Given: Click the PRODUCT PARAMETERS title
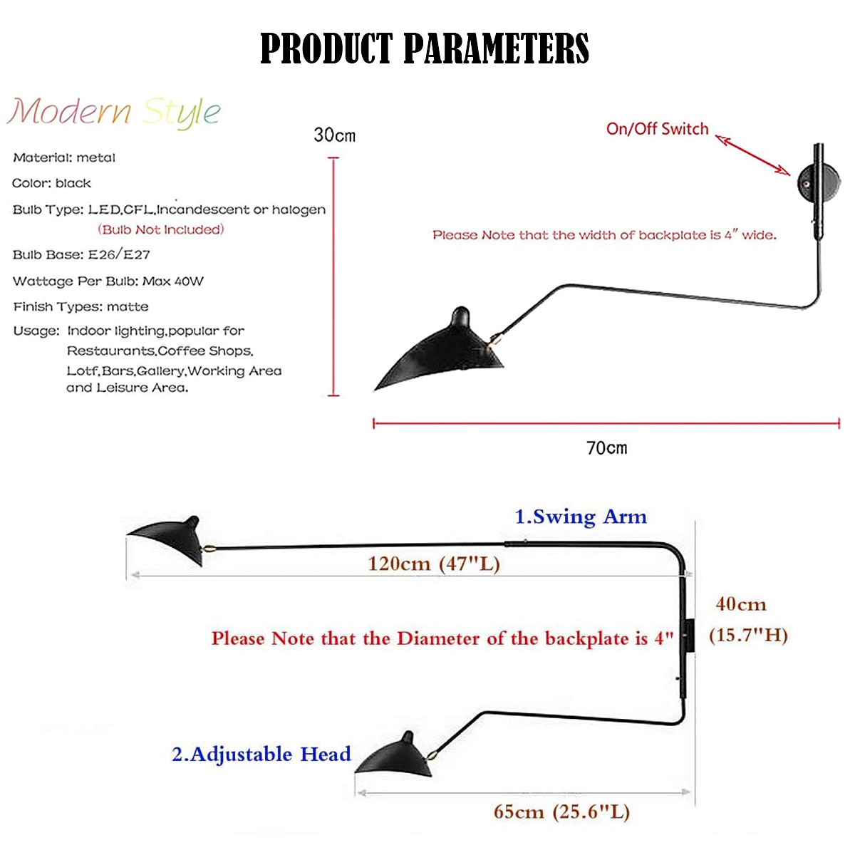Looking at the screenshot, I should (425, 48).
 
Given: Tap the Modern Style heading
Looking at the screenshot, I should (114, 112).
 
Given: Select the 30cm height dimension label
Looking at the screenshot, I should (334, 135).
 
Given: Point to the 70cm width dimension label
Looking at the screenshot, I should (606, 448).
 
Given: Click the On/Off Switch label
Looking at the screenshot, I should (657, 129).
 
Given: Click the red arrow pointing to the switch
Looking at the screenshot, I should (753, 154).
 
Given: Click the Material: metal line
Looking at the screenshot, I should (64, 157).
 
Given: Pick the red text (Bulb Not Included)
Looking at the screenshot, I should (161, 229).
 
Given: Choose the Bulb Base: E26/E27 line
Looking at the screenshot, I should (81, 254).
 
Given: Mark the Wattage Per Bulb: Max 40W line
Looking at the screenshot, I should (108, 281).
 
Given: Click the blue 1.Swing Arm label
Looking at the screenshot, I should (581, 517).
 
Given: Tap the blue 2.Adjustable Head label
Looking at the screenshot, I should (261, 754).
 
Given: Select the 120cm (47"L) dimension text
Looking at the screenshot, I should (434, 564).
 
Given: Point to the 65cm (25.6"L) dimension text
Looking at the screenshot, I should (561, 812).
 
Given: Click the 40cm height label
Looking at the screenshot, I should (741, 604).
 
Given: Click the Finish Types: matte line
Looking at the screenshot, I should (81, 306).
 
